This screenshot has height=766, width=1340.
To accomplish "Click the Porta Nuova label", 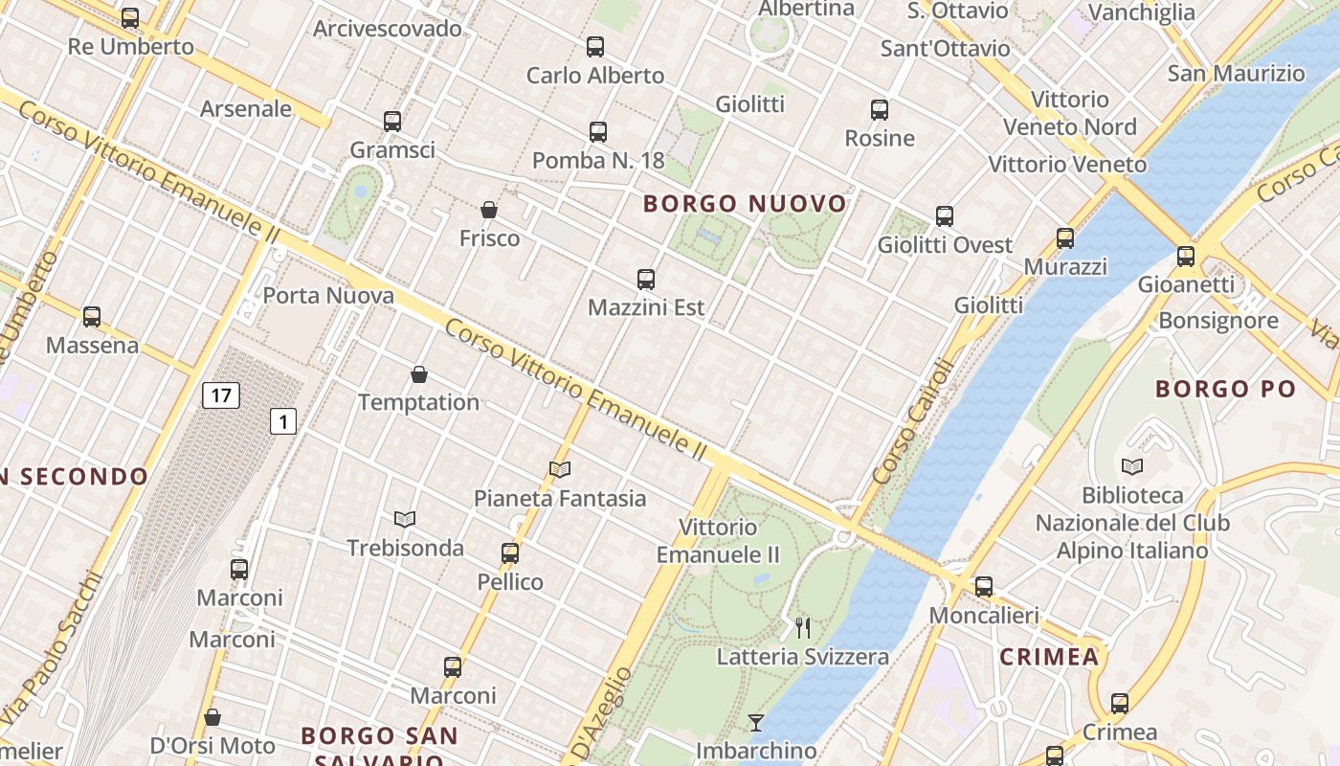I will click(x=328, y=296).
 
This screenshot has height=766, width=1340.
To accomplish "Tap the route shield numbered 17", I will click(x=220, y=395).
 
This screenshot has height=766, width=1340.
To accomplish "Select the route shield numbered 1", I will click(x=282, y=420).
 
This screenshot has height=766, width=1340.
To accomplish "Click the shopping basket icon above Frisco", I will click(x=489, y=210).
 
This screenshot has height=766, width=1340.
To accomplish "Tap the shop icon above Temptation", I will click(x=418, y=373).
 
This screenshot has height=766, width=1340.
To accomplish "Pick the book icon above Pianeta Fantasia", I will click(x=560, y=469).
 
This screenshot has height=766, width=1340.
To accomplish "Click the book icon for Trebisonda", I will click(x=405, y=519).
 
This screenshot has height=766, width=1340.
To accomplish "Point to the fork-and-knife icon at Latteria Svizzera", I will click(x=803, y=628).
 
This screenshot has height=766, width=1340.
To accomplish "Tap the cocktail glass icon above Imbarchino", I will click(x=756, y=722).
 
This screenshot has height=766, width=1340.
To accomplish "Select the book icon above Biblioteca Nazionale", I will click(x=1132, y=466).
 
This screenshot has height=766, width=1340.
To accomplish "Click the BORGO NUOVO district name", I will click(x=745, y=204).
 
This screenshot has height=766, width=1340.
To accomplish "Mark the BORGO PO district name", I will click(x=1225, y=389).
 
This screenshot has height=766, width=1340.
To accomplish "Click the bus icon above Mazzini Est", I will click(x=646, y=280).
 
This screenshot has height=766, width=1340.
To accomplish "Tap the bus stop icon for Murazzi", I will click(x=1065, y=238).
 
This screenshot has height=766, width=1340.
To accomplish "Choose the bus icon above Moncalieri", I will click(x=984, y=587).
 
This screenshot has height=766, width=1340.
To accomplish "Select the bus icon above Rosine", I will click(x=880, y=110).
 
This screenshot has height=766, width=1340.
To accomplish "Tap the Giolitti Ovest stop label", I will click(x=945, y=245).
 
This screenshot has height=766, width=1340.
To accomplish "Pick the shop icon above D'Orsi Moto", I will click(x=212, y=717).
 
